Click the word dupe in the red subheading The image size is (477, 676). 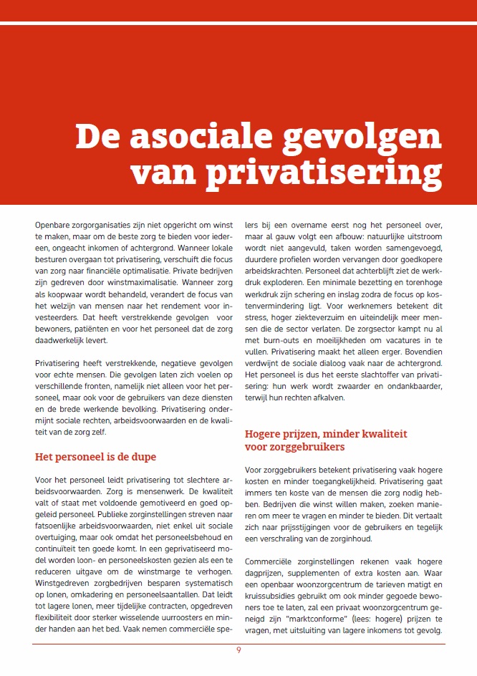[142, 457]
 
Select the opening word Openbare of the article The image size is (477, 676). [52, 226]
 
